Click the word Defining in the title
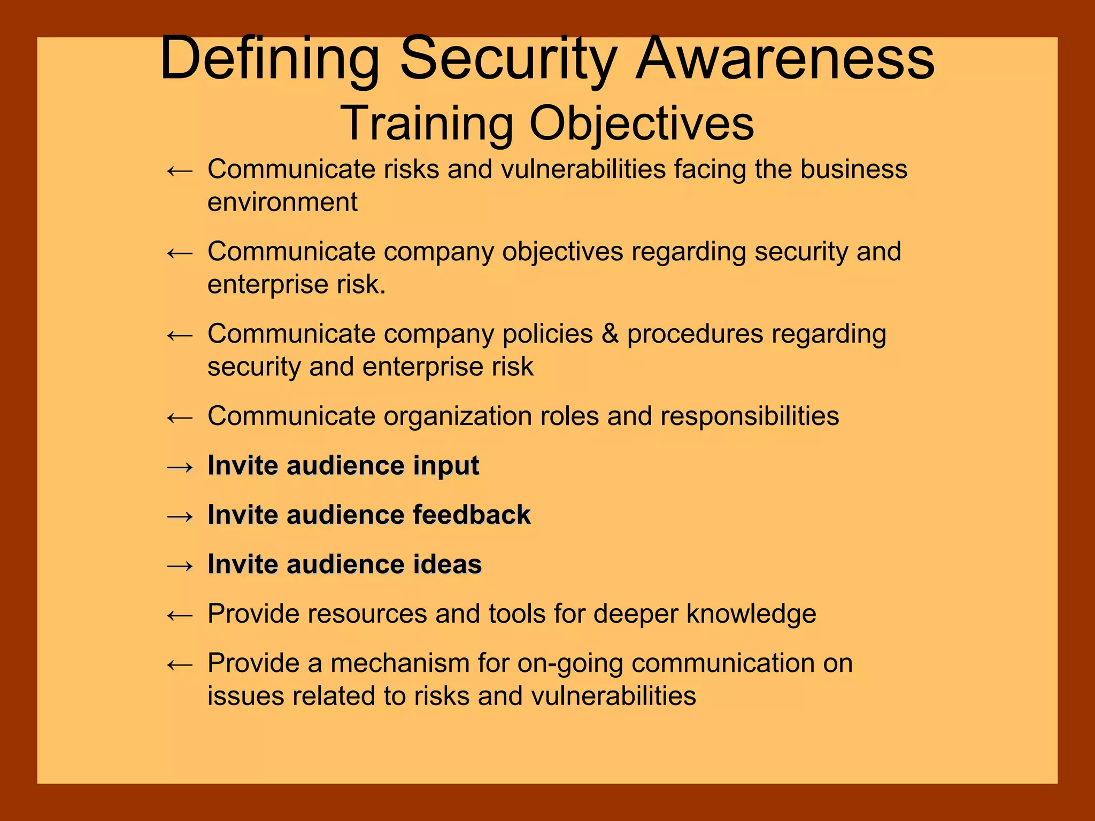tap(269, 59)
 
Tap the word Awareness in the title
tap(785, 59)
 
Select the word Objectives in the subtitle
tap(642, 124)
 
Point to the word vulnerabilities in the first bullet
tap(583, 169)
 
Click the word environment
tap(282, 203)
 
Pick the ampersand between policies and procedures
tap(610, 334)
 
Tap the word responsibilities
tap(750, 416)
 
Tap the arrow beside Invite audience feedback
tap(180, 516)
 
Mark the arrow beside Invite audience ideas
tap(180, 566)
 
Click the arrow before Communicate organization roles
tap(180, 417)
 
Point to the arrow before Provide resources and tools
tap(180, 615)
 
